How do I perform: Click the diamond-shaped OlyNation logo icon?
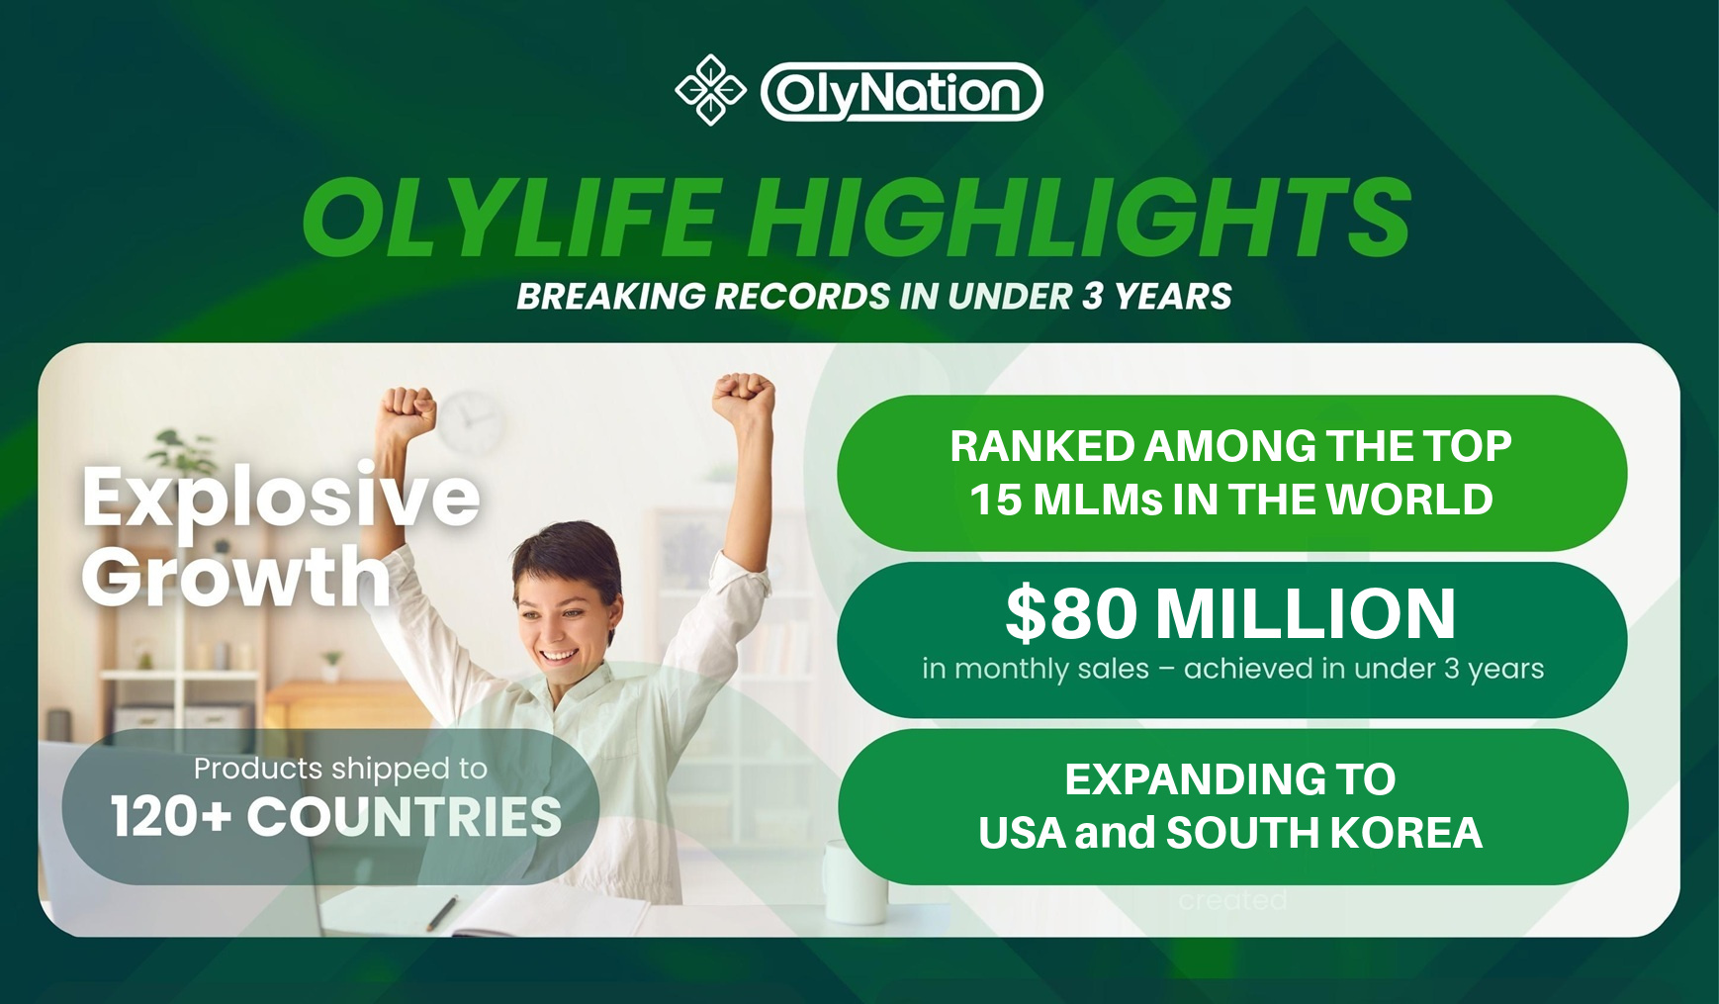710,90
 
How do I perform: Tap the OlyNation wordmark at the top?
901,92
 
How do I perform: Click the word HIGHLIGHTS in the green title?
1079,218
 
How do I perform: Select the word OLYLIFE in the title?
510,218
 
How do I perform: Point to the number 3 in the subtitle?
1091,296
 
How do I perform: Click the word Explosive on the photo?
281,497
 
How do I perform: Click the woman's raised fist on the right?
744,396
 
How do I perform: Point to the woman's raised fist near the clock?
408,411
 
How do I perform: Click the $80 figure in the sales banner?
1072,613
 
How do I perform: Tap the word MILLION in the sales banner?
1306,613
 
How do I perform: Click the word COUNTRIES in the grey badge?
405,817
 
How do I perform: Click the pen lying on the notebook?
442,912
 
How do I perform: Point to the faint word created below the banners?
1232,900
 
